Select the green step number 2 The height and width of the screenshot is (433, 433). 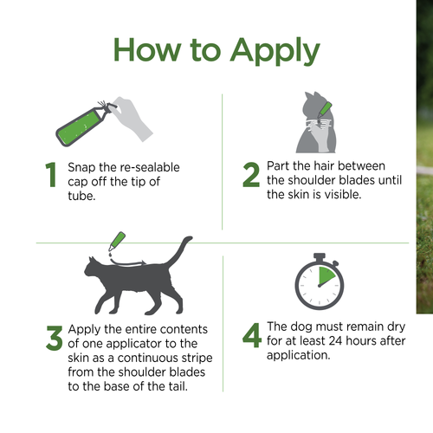coord(251,175)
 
